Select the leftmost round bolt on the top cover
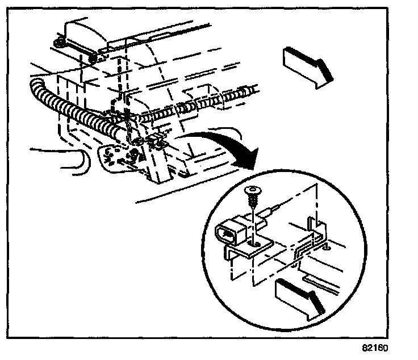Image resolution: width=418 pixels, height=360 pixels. [58, 43]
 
